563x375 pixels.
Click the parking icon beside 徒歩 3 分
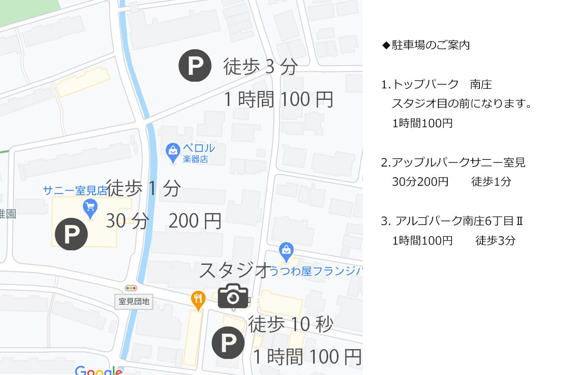[195, 65]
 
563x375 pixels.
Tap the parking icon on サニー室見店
[71, 233]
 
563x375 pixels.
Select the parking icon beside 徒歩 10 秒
[228, 342]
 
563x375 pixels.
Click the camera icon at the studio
[233, 296]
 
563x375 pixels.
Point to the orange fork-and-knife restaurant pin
[198, 300]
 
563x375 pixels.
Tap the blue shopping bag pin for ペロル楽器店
[172, 152]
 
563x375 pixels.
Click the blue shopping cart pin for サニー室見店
[90, 208]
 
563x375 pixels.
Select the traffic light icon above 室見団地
[131, 288]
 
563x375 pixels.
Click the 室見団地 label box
[134, 302]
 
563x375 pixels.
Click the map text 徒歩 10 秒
[290, 324]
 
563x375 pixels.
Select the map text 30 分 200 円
[164, 221]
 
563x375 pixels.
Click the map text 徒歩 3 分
[260, 67]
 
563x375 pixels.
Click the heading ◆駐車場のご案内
[426, 45]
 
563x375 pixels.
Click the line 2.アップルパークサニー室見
[453, 162]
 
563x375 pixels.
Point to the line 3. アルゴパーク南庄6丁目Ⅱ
[452, 221]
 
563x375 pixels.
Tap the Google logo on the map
[98, 370]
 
